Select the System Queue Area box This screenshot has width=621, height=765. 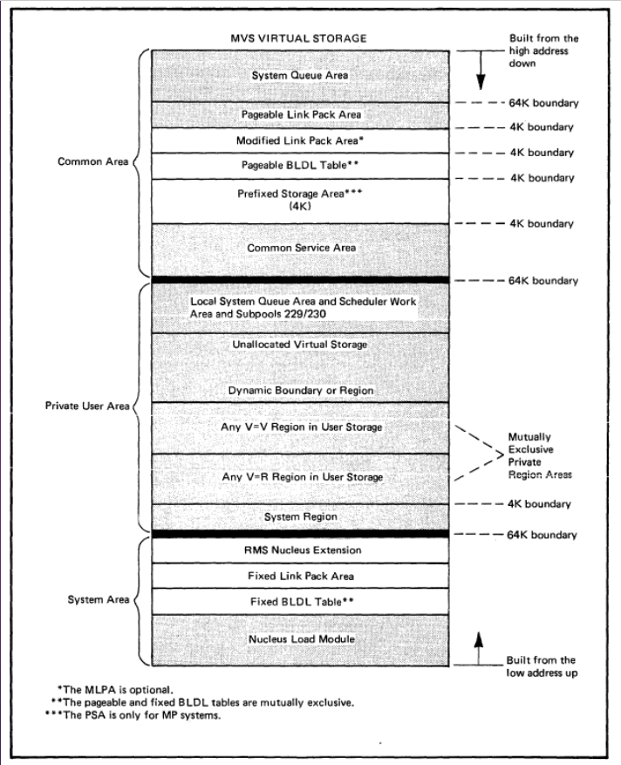[301, 76]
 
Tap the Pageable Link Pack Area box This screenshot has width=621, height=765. [301, 114]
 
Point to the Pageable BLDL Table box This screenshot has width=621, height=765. [301, 166]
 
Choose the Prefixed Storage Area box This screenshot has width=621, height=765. [301, 201]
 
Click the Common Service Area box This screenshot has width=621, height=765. [301, 248]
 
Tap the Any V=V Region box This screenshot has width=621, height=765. [301, 427]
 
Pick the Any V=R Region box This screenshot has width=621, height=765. [301, 477]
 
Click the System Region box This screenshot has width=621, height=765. [301, 516]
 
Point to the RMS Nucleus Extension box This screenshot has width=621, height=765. [301, 550]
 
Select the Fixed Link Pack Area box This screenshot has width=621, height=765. [301, 576]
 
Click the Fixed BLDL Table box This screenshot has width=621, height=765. [301, 601]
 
